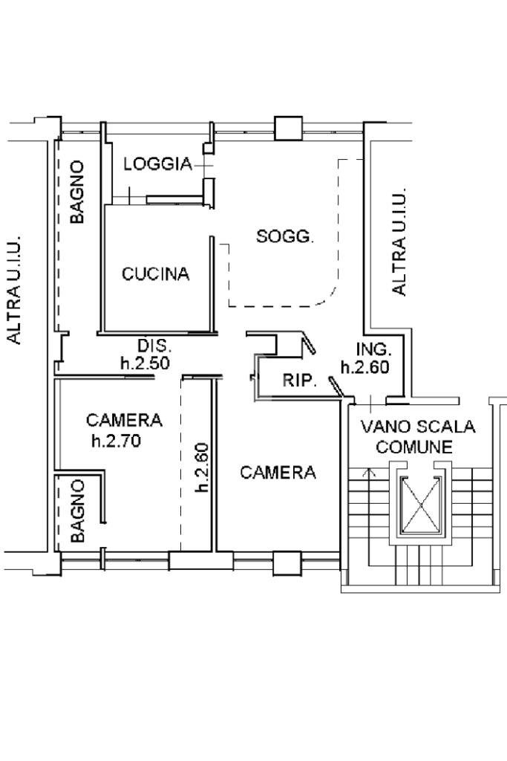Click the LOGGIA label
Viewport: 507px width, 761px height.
tap(157, 164)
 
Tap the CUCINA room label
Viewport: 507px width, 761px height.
tap(155, 274)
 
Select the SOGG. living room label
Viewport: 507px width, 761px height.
tap(285, 237)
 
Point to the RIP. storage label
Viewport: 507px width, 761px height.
tap(300, 380)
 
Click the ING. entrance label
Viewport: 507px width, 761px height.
tap(373, 349)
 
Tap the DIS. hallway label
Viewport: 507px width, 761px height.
tap(154, 346)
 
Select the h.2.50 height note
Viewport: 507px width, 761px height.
tap(145, 363)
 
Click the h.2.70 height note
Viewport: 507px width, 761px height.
tap(116, 441)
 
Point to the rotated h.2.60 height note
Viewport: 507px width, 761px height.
tap(202, 467)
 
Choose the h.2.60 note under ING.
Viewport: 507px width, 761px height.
tap(365, 367)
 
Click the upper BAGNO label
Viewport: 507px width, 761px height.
tap(77, 192)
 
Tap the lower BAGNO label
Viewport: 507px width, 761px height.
tap(77, 511)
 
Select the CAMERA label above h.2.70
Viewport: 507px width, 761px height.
tap(124, 420)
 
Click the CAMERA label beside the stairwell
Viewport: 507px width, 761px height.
tap(278, 472)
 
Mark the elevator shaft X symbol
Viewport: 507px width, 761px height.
tap(422, 505)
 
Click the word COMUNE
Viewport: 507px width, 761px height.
tap(414, 447)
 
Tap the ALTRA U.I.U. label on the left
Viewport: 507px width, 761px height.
tap(15, 291)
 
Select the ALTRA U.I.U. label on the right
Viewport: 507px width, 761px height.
tap(399, 242)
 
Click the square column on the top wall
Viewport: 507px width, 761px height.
tap(289, 129)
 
